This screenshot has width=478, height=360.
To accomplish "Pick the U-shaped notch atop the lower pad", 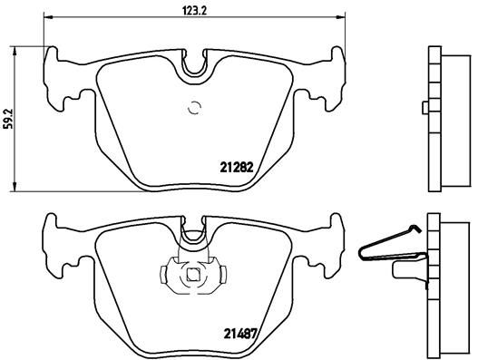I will point(192,234).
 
